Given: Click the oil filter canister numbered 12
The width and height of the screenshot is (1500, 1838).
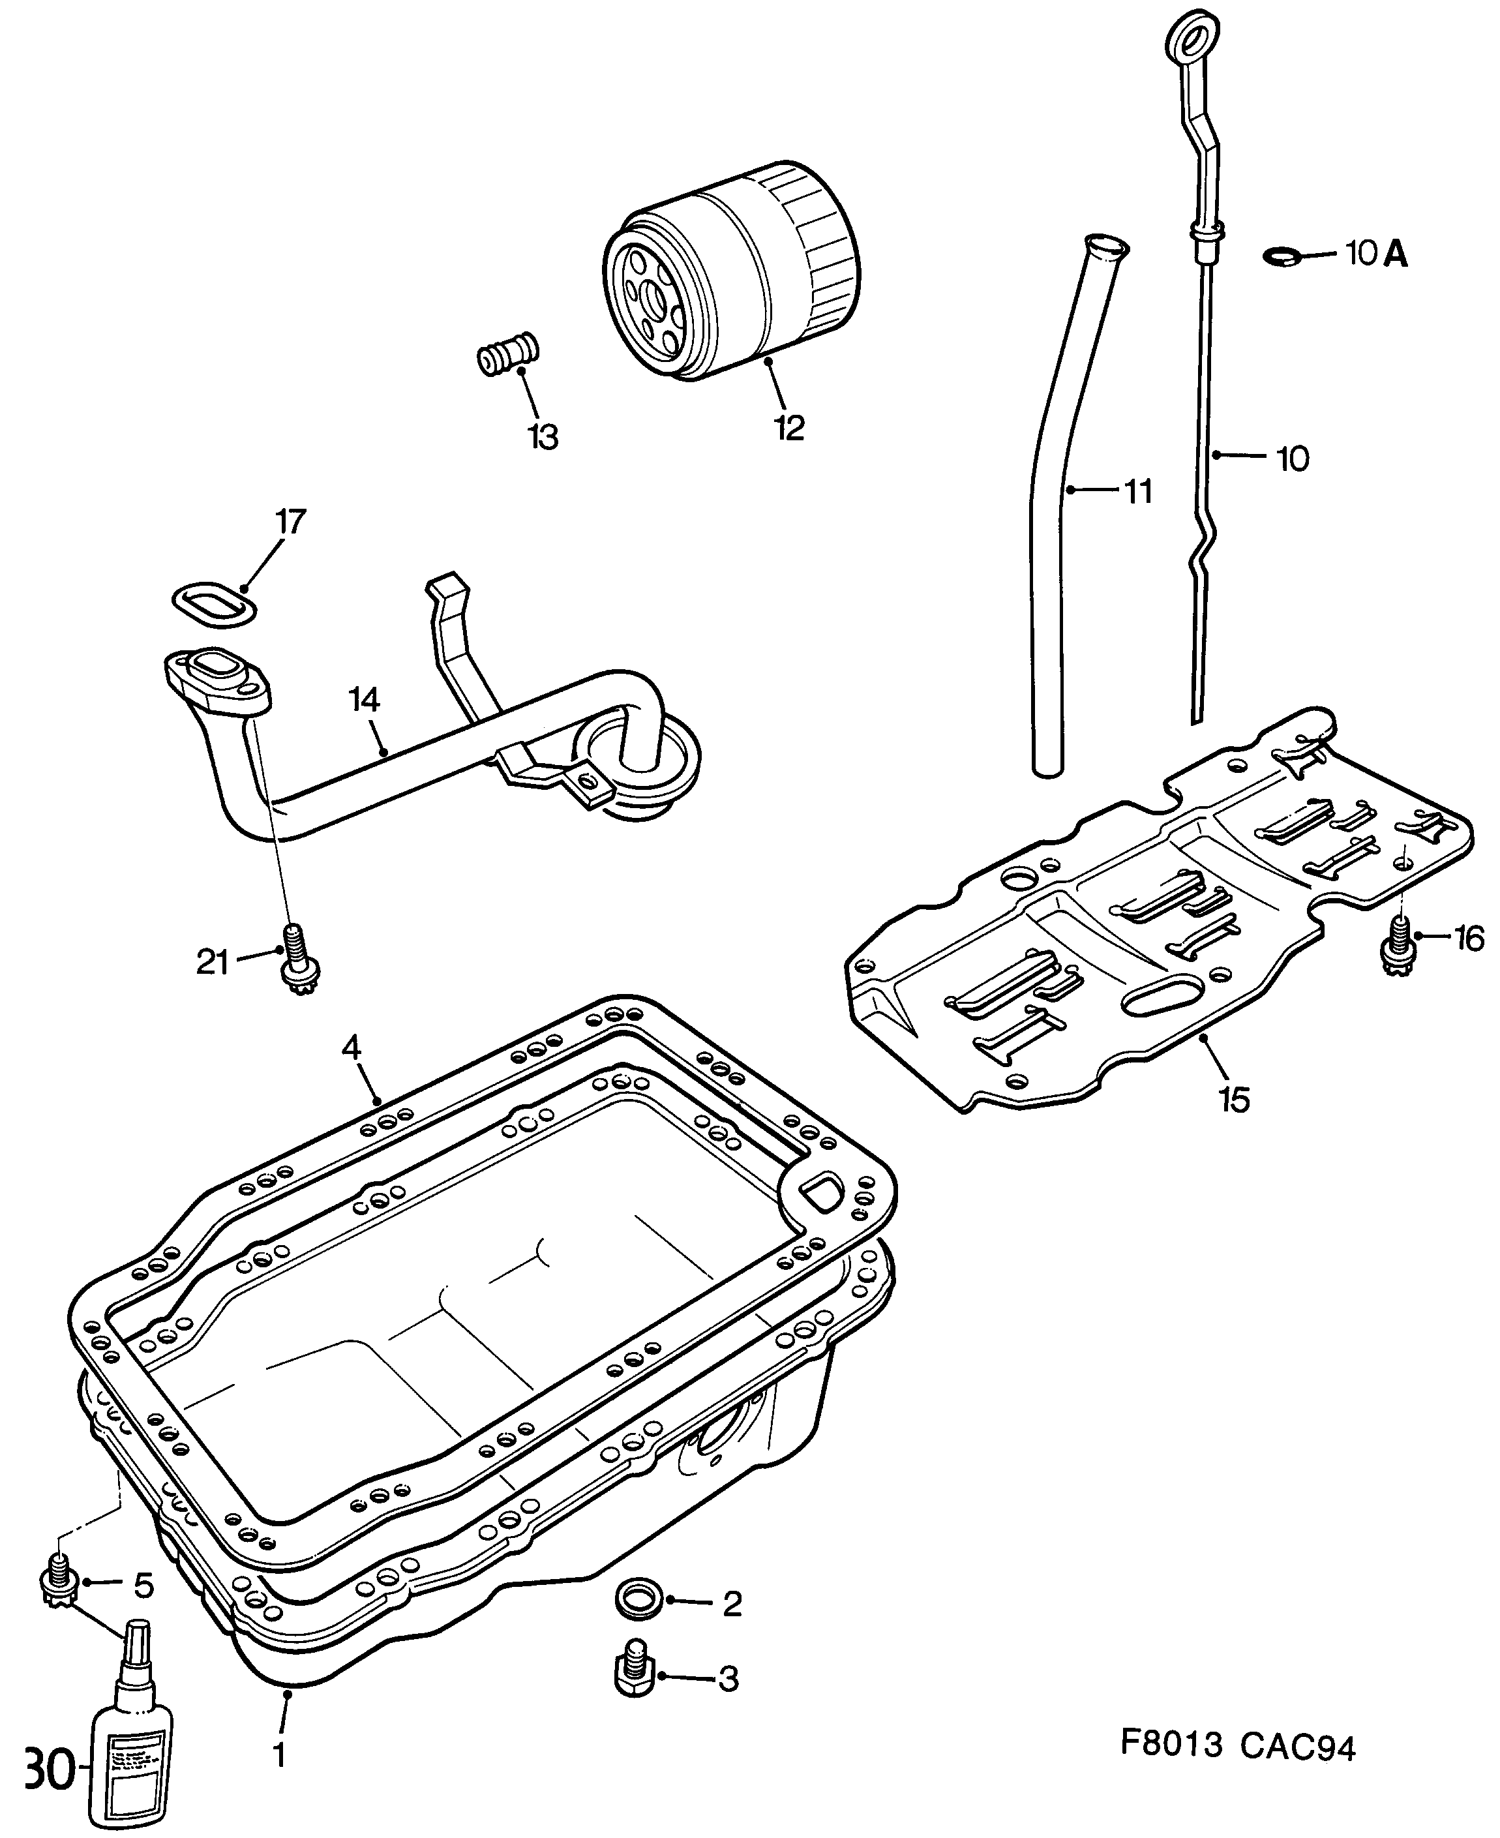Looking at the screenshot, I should pyautogui.click(x=734, y=272).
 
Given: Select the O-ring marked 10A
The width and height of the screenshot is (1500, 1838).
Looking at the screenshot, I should pyautogui.click(x=1282, y=256).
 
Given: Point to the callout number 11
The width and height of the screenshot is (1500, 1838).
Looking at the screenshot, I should pyautogui.click(x=1138, y=492).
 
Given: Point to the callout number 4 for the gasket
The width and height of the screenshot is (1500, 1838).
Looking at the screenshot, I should pyautogui.click(x=350, y=1047).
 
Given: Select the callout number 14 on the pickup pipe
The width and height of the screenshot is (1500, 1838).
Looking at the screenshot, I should pyautogui.click(x=365, y=699).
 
